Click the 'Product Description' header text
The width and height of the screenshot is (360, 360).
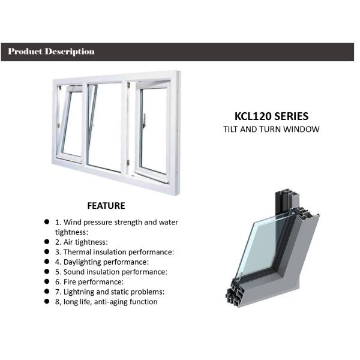pyautogui.click(x=52, y=52)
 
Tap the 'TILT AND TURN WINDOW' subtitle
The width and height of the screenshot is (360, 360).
pyautogui.click(x=271, y=129)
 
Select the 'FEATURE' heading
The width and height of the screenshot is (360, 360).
pyautogui.click(x=106, y=206)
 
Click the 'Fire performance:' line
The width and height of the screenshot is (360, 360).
pyautogui.click(x=89, y=281)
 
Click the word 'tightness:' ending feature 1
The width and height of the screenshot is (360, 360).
pyautogui.click(x=71, y=232)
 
